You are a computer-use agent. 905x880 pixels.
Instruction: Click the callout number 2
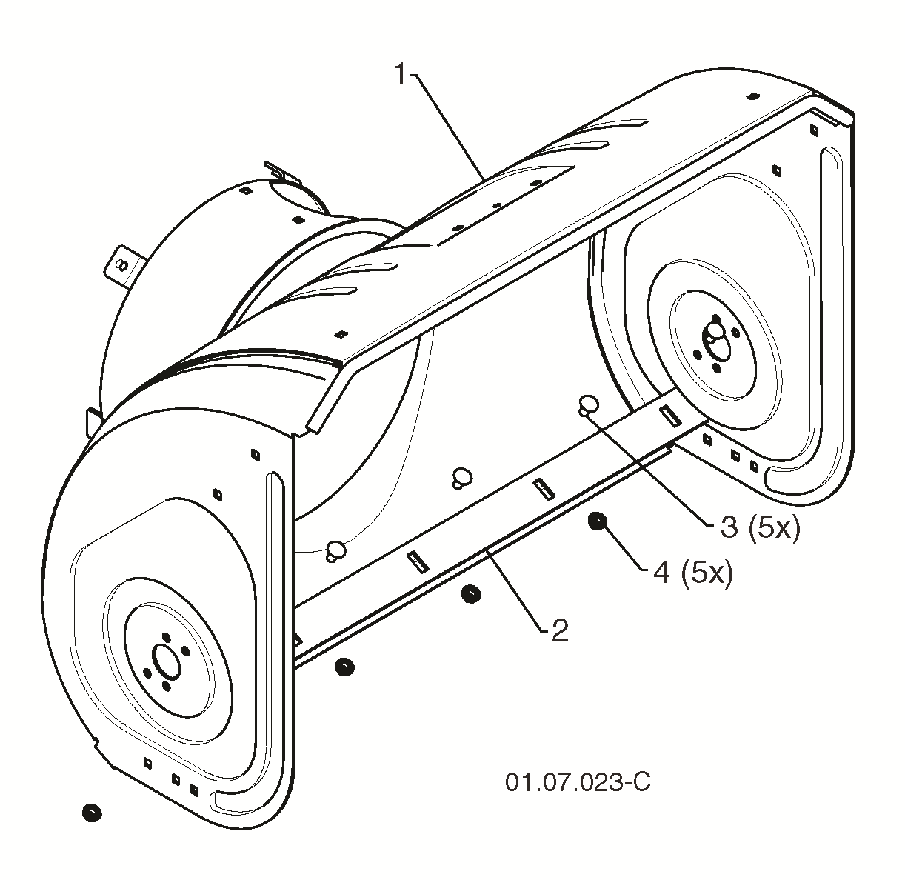[x=560, y=630]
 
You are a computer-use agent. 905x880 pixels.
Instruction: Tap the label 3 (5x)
[x=760, y=527]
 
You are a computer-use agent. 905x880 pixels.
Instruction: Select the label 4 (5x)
[x=693, y=573]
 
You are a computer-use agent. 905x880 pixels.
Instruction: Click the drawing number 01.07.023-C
[x=578, y=782]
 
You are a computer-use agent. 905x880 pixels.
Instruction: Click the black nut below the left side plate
[x=92, y=812]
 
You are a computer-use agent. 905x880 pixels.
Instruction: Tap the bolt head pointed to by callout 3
[x=588, y=404]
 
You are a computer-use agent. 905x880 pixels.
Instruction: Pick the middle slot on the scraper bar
[x=544, y=488]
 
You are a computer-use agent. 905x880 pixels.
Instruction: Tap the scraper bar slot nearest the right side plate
[x=670, y=415]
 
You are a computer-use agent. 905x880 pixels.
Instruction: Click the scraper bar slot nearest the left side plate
[x=417, y=561]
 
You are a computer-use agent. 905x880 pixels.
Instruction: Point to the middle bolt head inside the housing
[x=462, y=478]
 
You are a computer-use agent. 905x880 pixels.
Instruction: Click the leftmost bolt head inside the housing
[x=335, y=551]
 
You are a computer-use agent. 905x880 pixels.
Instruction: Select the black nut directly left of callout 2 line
[x=470, y=594]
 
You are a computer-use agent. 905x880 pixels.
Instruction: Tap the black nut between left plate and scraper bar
[x=344, y=667]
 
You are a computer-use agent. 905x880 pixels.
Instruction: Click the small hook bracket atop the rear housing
[x=278, y=171]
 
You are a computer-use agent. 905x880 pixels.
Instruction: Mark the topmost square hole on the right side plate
[x=813, y=130]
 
